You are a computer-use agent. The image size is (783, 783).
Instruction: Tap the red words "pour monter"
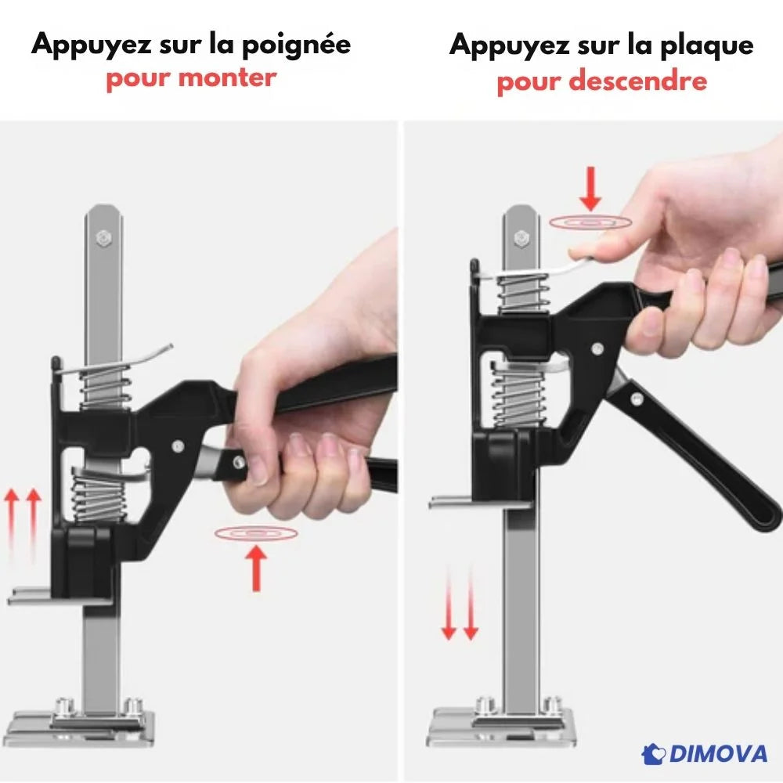click(191, 78)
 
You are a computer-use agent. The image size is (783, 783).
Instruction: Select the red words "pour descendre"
click(601, 81)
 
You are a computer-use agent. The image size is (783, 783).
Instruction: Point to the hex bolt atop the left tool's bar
click(103, 236)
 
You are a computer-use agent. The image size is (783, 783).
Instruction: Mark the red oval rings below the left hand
click(255, 533)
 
